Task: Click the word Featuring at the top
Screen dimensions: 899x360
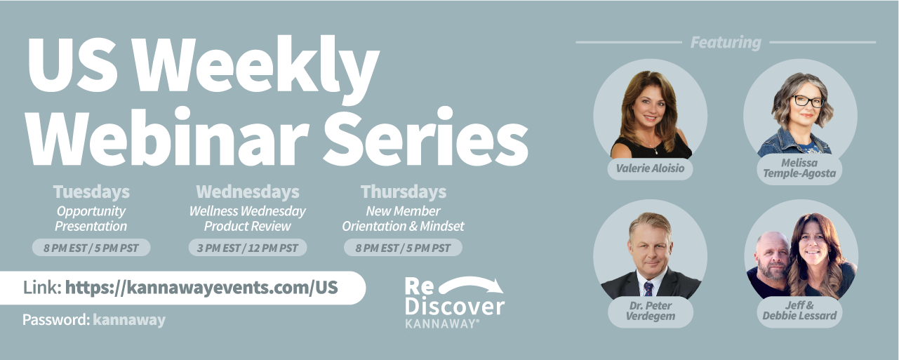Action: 726,43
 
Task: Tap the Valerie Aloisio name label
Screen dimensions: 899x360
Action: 650,168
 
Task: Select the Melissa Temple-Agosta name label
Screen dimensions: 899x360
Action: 799,168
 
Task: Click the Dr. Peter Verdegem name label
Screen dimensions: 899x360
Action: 650,311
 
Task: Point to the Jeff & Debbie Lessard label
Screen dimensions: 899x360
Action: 799,311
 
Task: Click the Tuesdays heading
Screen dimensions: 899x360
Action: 91,192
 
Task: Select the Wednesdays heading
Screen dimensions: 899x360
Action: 248,192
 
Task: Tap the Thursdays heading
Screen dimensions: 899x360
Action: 404,192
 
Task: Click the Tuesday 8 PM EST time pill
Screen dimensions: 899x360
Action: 91,248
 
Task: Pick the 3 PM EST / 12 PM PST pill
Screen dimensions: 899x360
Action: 248,248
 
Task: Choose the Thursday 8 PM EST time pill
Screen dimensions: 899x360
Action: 403,248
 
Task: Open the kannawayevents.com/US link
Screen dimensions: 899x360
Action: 201,287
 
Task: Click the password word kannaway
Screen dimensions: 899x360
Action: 129,320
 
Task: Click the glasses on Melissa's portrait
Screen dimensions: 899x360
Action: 808,101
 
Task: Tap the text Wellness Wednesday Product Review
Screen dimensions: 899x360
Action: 248,219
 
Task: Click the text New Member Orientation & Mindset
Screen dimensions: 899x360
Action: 403,219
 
